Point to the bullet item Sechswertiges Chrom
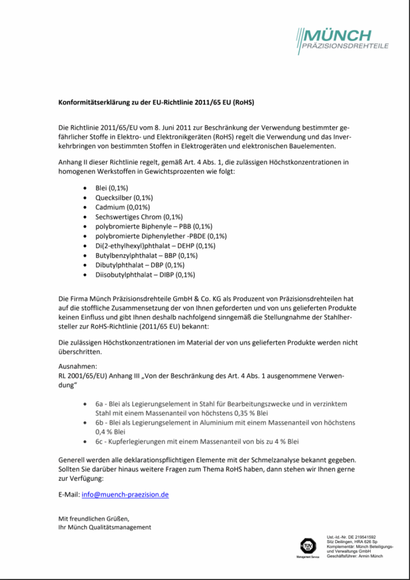click(x=139, y=216)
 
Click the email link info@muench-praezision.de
click(x=125, y=494)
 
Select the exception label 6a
click(x=99, y=403)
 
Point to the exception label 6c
click(x=99, y=441)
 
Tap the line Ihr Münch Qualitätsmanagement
click(x=105, y=527)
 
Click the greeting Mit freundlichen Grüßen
click(x=94, y=518)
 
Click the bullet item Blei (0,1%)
click(x=112, y=187)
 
